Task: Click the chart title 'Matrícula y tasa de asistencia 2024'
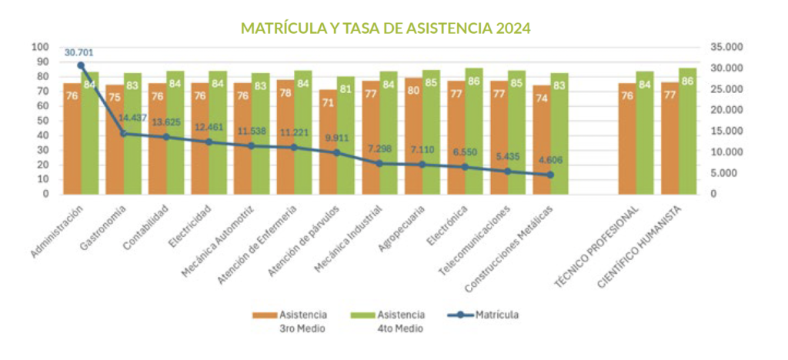click(x=386, y=29)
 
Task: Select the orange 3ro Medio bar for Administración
click(x=72, y=138)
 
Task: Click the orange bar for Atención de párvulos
click(x=328, y=142)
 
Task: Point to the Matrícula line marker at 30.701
click(x=81, y=65)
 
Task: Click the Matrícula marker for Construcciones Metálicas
click(x=550, y=175)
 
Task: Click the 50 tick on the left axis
click(x=43, y=121)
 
